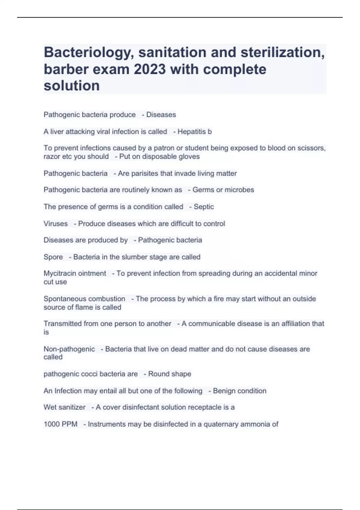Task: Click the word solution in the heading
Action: [72, 86]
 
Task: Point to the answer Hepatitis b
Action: [194, 131]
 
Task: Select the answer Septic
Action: [204, 207]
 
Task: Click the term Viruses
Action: [55, 223]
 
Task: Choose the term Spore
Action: [53, 257]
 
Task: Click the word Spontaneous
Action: [62, 299]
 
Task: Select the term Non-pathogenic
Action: [69, 349]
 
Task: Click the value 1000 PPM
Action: [60, 424]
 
